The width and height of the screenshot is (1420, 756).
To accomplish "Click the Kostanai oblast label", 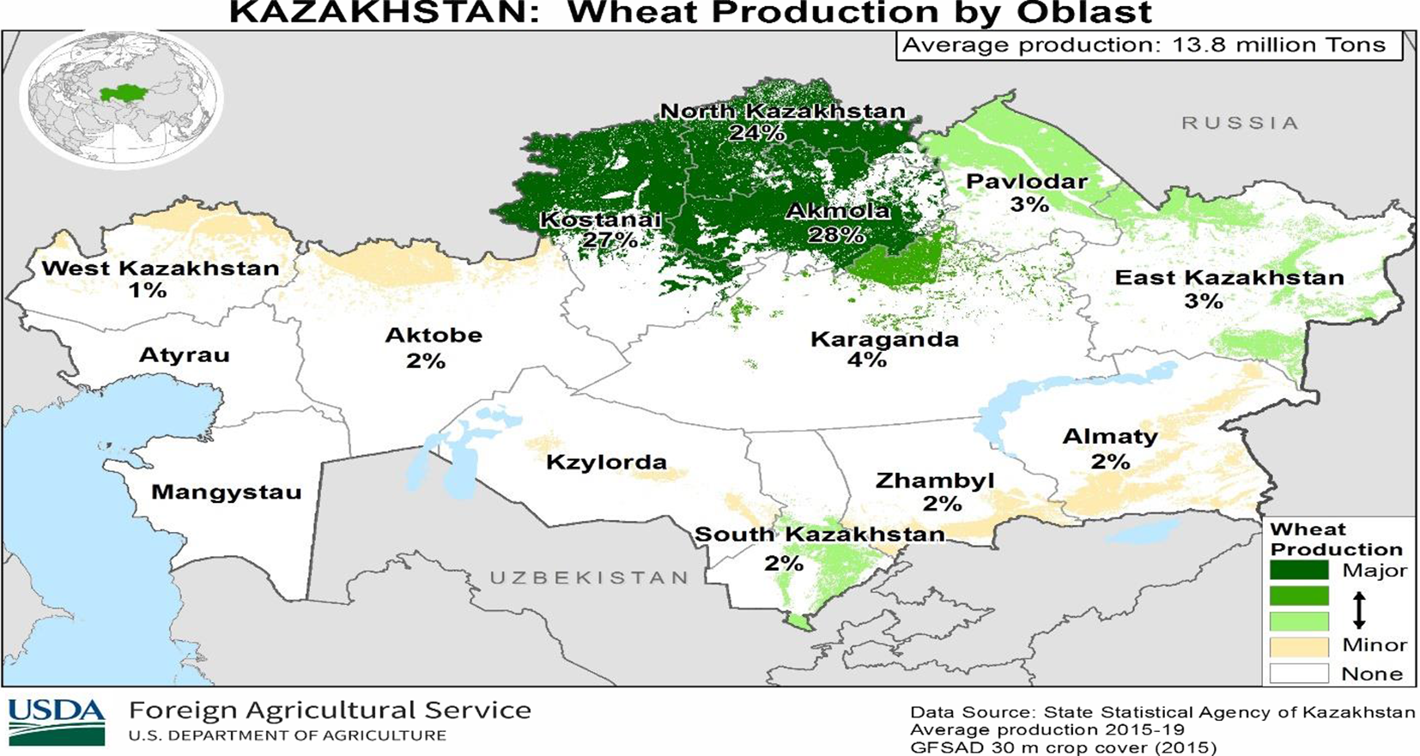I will (x=600, y=220).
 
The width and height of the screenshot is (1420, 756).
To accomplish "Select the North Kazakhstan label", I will (x=782, y=112).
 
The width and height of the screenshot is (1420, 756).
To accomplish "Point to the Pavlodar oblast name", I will (x=1026, y=182).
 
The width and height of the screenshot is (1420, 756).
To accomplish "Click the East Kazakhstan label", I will (x=1229, y=278).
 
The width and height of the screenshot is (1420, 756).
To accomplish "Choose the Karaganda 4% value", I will (x=866, y=360).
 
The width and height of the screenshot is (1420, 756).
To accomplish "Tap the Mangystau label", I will (x=226, y=493).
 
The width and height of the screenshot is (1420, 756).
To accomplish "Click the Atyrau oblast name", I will (x=184, y=355).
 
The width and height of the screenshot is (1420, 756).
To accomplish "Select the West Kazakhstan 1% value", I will (x=147, y=291).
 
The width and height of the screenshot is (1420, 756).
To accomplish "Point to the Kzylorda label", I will (x=606, y=463).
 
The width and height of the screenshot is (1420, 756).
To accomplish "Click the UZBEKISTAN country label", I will (x=589, y=578).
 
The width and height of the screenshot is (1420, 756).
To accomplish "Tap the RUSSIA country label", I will (x=1240, y=124).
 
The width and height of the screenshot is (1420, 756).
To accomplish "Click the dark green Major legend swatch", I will (x=1299, y=571).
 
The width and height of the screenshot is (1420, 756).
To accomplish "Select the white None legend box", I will (x=1299, y=674).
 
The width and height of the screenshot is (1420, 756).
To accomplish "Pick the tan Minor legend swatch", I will (x=1299, y=646).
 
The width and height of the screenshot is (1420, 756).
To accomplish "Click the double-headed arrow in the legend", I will (x=1358, y=609).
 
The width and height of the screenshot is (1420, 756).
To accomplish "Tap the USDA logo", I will (x=57, y=721).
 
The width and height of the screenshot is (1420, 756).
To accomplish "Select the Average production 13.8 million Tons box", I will (x=1149, y=45).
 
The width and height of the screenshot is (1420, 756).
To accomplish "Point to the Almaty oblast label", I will (x=1109, y=437).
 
